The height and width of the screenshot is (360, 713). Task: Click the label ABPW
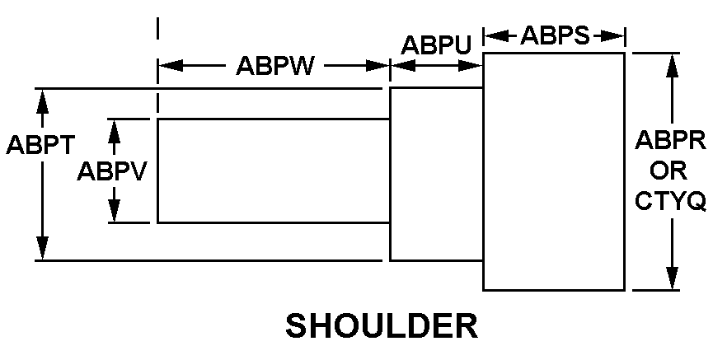[x=274, y=66]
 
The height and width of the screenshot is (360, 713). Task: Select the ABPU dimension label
[x=435, y=46]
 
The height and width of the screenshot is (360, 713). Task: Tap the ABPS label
[x=554, y=36]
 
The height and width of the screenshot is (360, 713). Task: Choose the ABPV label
[x=112, y=171]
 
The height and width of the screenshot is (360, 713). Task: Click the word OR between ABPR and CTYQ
[x=669, y=171]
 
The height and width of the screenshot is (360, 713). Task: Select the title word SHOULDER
[x=382, y=326]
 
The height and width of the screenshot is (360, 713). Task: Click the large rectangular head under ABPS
[x=553, y=171]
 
